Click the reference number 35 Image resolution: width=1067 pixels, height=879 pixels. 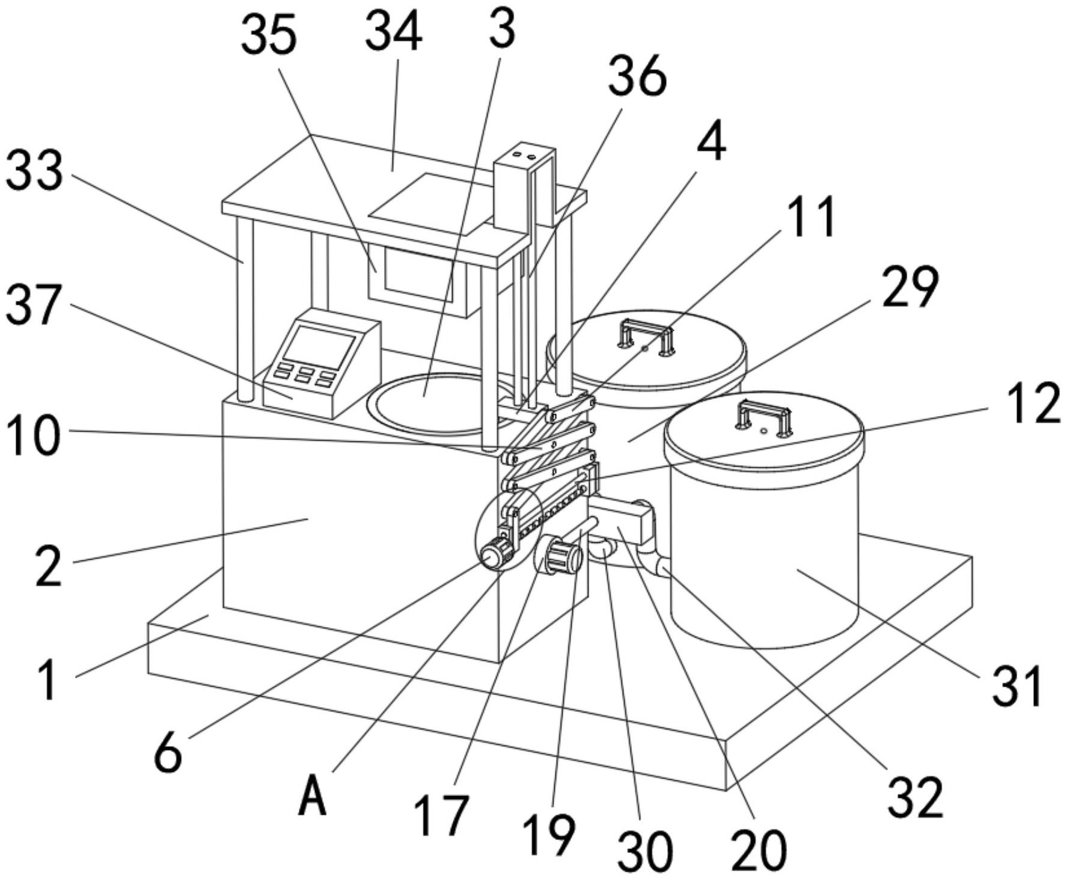(x=269, y=36)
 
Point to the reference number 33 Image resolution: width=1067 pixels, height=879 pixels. (x=34, y=171)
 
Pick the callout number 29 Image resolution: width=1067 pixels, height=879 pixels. (x=910, y=288)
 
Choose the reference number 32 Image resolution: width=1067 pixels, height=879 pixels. (x=916, y=798)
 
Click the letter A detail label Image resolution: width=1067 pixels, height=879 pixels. (x=313, y=795)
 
